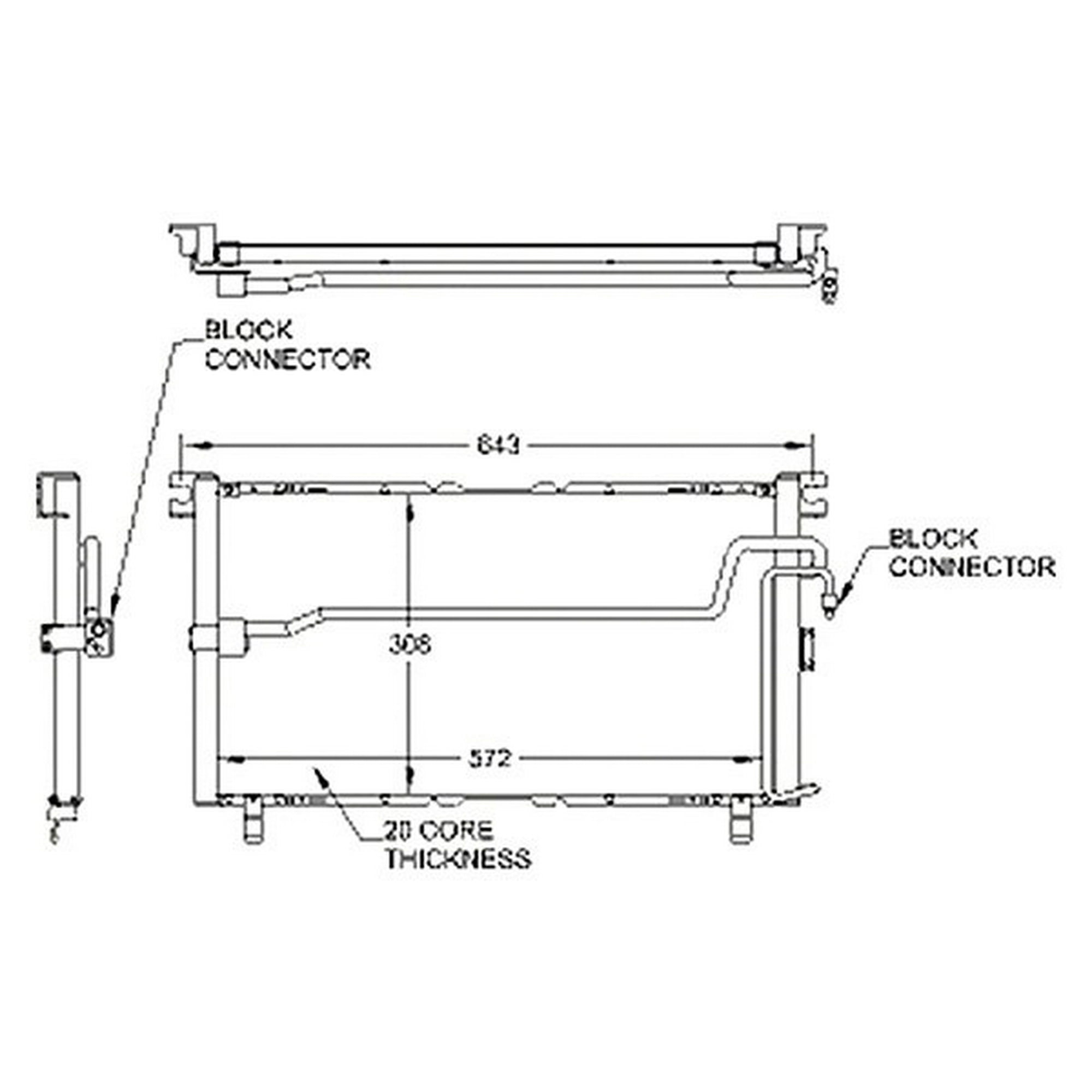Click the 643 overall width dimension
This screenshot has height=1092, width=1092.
click(498, 446)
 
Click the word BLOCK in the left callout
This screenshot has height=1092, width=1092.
click(248, 331)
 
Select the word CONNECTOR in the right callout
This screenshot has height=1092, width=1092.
click(973, 567)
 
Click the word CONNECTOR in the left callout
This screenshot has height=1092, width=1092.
click(288, 359)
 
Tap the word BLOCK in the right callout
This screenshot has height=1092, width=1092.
click(933, 539)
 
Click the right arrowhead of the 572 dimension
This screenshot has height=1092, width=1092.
click(753, 759)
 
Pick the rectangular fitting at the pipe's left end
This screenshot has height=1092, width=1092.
click(218, 639)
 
